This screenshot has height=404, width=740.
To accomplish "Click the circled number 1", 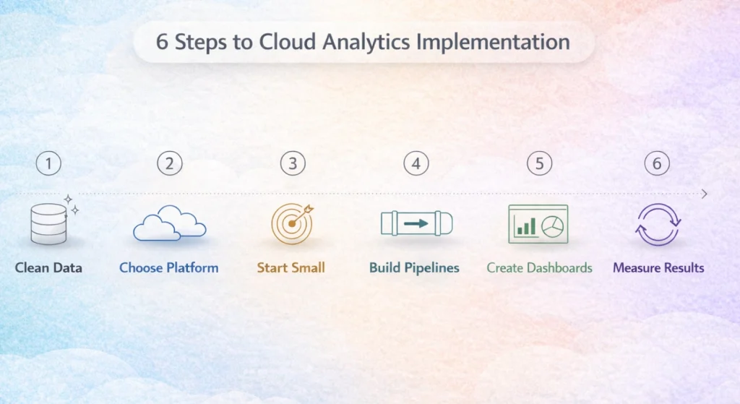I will pyautogui.click(x=48, y=163).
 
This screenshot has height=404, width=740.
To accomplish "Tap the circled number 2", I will pyautogui.click(x=169, y=163).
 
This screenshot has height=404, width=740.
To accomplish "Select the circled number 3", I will pyautogui.click(x=292, y=163).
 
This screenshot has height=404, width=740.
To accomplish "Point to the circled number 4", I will pyautogui.click(x=416, y=163).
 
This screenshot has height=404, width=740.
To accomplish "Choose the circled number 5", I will pyautogui.click(x=539, y=163).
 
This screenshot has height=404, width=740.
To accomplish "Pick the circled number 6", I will pyautogui.click(x=657, y=163).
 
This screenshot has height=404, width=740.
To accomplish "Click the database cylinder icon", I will pyautogui.click(x=49, y=224).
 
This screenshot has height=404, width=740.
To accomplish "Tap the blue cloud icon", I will pyautogui.click(x=169, y=223).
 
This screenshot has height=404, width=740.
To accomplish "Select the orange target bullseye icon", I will pyautogui.click(x=292, y=224).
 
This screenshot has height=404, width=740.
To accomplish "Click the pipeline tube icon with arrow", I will pyautogui.click(x=416, y=224).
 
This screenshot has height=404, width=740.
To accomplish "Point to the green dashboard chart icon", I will pyautogui.click(x=538, y=224).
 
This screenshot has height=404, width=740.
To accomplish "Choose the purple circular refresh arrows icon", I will pyautogui.click(x=658, y=224).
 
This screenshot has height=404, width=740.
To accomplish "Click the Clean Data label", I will pyautogui.click(x=48, y=268).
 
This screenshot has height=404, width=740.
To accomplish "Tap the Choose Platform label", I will pyautogui.click(x=169, y=268).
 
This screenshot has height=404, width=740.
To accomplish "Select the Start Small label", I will pyautogui.click(x=291, y=268).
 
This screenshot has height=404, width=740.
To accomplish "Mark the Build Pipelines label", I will pyautogui.click(x=414, y=268).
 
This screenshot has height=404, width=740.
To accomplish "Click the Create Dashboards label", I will pyautogui.click(x=539, y=268).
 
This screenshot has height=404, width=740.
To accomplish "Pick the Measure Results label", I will pyautogui.click(x=658, y=268).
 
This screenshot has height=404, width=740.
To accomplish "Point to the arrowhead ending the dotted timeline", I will pyautogui.click(x=705, y=194).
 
